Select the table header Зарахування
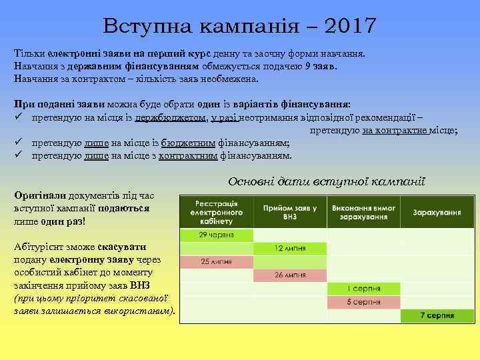[437, 211]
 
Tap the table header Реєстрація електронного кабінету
[217, 211]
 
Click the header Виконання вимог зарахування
[363, 211]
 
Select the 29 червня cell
[217, 235]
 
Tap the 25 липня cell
[217, 261]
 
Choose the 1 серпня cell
[363, 288]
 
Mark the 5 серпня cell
[363, 301]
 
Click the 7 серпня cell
[437, 315]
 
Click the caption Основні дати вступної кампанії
[326, 181]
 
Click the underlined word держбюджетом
[170, 118]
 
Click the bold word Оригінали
[39, 195]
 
